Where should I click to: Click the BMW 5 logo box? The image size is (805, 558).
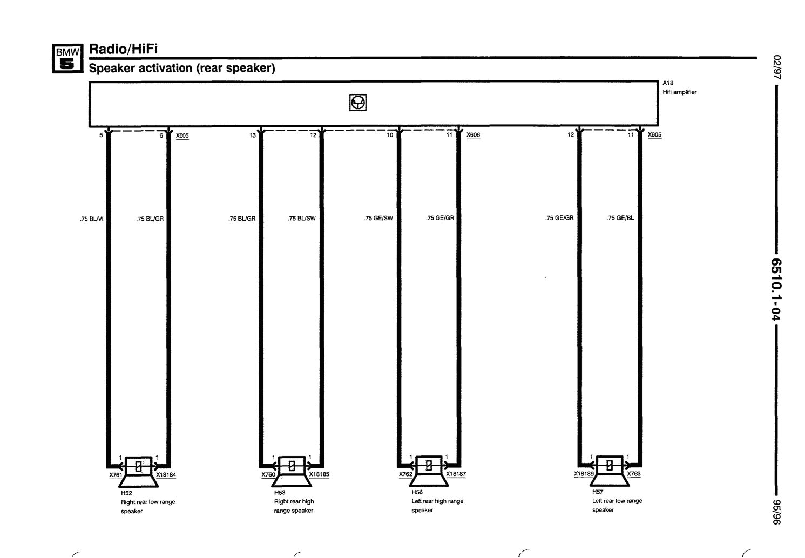tap(67, 59)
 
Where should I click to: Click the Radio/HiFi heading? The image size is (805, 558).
tap(123, 49)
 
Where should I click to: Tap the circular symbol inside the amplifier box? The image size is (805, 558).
tap(358, 103)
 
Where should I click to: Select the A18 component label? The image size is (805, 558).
tap(668, 83)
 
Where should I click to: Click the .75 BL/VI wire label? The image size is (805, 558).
tap(92, 219)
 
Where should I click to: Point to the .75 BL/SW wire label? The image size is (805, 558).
tap(301, 219)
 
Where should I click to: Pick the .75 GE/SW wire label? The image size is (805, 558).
tap(378, 218)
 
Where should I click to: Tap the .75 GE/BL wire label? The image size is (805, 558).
tap(620, 217)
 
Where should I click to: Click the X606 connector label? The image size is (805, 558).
tap(473, 135)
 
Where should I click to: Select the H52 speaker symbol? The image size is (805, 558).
tap(138, 472)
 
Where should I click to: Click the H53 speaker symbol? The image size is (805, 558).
tap(292, 471)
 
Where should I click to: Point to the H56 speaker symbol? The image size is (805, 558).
tap(429, 471)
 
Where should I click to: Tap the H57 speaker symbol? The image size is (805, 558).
tap(610, 471)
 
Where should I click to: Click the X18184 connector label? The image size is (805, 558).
tap(166, 475)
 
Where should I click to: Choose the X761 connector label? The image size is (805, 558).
tap(116, 475)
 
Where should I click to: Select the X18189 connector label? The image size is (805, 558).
tap(584, 474)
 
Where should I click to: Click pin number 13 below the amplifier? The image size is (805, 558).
tap(252, 135)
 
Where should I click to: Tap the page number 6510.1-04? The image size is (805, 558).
tap(776, 289)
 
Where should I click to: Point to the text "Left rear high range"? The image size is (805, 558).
tap(437, 501)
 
